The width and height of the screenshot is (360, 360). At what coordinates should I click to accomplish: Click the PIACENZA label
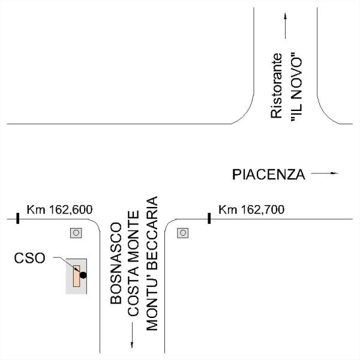tap(268, 175)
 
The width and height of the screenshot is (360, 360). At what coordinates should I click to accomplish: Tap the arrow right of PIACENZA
tap(325, 173)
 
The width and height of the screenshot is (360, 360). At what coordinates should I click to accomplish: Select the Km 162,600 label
tap(59, 209)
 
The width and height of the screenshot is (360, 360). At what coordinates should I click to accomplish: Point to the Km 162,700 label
tap(251, 209)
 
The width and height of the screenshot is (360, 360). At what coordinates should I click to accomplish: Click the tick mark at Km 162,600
tap(17, 218)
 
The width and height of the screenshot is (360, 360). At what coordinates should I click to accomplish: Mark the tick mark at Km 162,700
tap(209, 218)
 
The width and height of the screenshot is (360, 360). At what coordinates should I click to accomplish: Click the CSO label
tap(29, 258)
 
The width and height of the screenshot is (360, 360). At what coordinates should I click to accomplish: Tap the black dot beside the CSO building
tap(83, 275)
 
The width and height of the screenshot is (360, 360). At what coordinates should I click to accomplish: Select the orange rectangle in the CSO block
tap(76, 276)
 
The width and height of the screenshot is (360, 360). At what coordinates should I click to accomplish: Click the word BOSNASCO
tap(116, 263)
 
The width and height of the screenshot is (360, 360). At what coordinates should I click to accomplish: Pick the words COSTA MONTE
tap(133, 263)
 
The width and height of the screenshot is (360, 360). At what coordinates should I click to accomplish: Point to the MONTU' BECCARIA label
tap(152, 263)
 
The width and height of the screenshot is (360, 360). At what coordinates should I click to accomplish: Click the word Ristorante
tap(276, 86)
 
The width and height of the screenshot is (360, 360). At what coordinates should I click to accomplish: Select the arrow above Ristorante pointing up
tap(286, 26)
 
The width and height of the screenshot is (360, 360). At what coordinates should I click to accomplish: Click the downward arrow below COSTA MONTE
tap(132, 335)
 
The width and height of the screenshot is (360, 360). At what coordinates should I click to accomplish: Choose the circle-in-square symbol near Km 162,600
tap(76, 233)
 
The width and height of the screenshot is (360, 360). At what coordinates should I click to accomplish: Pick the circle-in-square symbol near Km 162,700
tap(183, 233)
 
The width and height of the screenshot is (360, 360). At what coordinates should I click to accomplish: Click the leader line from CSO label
tap(67, 264)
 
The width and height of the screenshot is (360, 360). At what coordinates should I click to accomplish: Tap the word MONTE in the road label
tap(133, 233)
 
